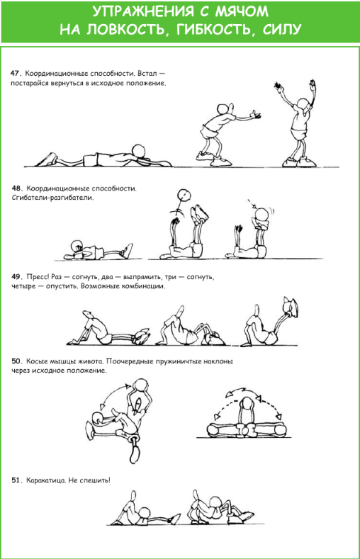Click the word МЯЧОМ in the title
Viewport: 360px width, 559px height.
pyautogui.click(x=242, y=11)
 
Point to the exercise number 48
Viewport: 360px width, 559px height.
pyautogui.click(x=17, y=188)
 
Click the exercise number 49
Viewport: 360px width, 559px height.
pyautogui.click(x=17, y=276)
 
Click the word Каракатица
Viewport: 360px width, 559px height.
pyautogui.click(x=46, y=480)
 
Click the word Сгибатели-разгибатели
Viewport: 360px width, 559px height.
pyautogui.click(x=52, y=198)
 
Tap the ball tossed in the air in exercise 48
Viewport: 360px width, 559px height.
pyautogui.click(x=184, y=196)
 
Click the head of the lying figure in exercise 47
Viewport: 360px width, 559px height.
pyautogui.click(x=138, y=151)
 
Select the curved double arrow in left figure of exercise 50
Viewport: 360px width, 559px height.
pyautogui.click(x=113, y=394)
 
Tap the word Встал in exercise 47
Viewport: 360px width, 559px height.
pyautogui.click(x=147, y=74)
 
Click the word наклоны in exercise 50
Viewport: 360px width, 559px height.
pyautogui.click(x=218, y=361)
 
